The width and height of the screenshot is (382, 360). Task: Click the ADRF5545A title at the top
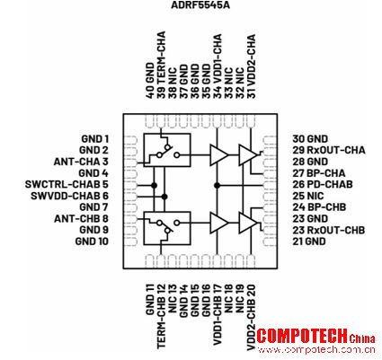pyautogui.click(x=200, y=5)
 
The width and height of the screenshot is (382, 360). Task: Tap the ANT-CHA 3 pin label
pyautogui.click(x=81, y=162)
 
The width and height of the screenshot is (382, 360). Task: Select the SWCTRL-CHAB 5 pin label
pyautogui.click(x=67, y=184)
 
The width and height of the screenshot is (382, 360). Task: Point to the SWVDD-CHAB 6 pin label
pyautogui.click(x=69, y=196)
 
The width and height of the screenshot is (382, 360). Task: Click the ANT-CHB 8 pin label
pyautogui.click(x=81, y=219)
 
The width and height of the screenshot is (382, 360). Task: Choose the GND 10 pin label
pyautogui.click(x=92, y=241)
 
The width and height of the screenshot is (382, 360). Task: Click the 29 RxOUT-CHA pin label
pyautogui.click(x=329, y=150)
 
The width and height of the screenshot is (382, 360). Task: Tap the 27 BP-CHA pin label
pyautogui.click(x=319, y=173)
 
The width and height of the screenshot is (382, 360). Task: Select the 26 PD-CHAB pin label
pyautogui.click(x=323, y=184)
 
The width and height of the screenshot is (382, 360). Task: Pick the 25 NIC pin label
pyautogui.click(x=308, y=196)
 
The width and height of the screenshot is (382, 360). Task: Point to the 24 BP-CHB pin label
pyautogui.click(x=319, y=207)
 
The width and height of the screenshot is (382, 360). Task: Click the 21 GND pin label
pyautogui.click(x=309, y=241)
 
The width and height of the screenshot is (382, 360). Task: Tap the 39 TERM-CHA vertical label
pyautogui.click(x=162, y=65)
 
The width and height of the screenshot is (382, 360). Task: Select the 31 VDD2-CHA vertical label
pyautogui.click(x=252, y=66)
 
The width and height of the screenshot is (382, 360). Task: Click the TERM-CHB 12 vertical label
pyautogui.click(x=162, y=317)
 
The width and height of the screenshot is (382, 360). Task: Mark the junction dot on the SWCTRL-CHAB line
pyautogui.click(x=154, y=186)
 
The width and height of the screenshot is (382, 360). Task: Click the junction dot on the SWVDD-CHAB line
pyautogui.click(x=164, y=197)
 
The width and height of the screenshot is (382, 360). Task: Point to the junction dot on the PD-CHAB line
pyautogui.click(x=218, y=186)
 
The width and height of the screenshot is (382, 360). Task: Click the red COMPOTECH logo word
pyautogui.click(x=302, y=336)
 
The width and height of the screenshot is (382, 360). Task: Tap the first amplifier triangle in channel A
pyautogui.click(x=218, y=155)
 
